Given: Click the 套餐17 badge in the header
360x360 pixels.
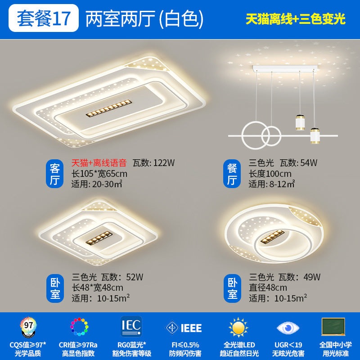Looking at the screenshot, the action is pyautogui.click(x=44, y=18).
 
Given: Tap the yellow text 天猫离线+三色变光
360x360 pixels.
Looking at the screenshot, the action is pyautogui.click(x=295, y=19).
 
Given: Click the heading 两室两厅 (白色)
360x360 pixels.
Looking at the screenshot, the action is pyautogui.click(x=144, y=18).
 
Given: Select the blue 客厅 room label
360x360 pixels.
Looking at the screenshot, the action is pyautogui.click(x=54, y=174).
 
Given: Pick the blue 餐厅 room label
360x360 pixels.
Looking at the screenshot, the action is pyautogui.click(x=232, y=174).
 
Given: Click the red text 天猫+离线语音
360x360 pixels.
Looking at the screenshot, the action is pyautogui.click(x=99, y=163).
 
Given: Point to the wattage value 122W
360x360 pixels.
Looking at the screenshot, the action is pyautogui.click(x=164, y=163).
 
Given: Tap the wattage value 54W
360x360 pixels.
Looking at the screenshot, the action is pyautogui.click(x=309, y=163).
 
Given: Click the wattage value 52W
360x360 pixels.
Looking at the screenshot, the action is pyautogui.click(x=135, y=277).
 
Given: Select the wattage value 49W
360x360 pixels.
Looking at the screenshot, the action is pyautogui.click(x=312, y=277).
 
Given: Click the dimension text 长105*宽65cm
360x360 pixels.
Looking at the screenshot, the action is pyautogui.click(x=99, y=174).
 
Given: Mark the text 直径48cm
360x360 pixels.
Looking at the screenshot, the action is pyautogui.click(x=268, y=288).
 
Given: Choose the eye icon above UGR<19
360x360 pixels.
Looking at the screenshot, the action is pyautogui.click(x=288, y=328).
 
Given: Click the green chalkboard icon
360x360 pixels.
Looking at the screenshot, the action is pyautogui.click(x=333, y=327).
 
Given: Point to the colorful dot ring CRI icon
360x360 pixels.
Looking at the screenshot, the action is pyautogui.click(x=79, y=327).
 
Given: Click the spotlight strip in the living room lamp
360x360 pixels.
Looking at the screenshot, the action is pyautogui.click(x=109, y=108).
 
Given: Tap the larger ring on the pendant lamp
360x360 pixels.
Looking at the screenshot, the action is pyautogui.click(x=255, y=136).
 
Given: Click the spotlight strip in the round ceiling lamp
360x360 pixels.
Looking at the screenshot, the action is pyautogui.click(x=272, y=237).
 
